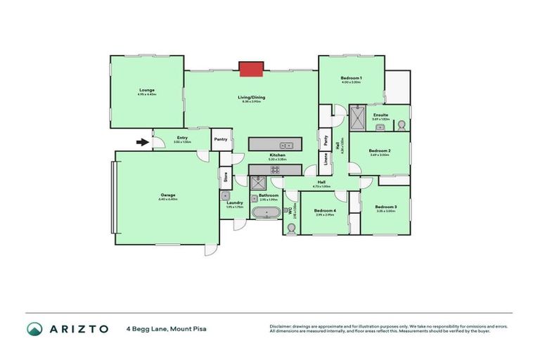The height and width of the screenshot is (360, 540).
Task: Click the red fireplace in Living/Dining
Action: click(x=250, y=68)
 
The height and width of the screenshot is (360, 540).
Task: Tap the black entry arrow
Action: click(x=142, y=143)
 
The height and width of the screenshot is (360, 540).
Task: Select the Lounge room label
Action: click(x=147, y=90)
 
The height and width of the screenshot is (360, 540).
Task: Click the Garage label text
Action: click(x=168, y=195)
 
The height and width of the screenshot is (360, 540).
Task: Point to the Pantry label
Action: click(x=221, y=139)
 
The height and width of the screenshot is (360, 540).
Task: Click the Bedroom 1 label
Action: click(x=351, y=77)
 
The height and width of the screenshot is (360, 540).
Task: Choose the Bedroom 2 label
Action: click(x=379, y=150)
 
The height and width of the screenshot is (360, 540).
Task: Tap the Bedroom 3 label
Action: click(x=385, y=207)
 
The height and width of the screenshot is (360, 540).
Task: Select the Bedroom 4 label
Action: click(x=324, y=211)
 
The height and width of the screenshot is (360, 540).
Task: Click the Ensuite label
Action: click(x=380, y=114)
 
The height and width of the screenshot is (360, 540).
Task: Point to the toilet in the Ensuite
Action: click(x=401, y=124)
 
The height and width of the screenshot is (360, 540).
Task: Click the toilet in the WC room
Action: click(x=291, y=227)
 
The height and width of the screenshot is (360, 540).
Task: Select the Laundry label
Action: click(x=234, y=202)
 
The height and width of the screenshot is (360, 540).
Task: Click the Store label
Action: click(x=226, y=177)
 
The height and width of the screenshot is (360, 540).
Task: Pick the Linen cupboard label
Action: click(x=326, y=160)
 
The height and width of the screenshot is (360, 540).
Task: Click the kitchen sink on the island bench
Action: click(x=279, y=146)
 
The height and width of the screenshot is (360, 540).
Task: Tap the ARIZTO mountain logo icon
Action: click(x=34, y=329)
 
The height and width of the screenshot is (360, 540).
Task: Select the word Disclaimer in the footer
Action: click(x=283, y=326)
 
